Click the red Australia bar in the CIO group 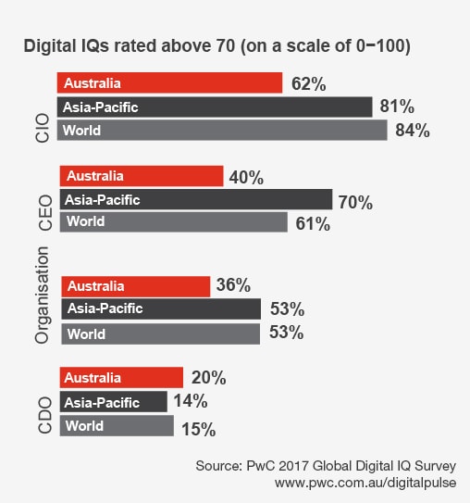169,83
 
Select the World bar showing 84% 222,131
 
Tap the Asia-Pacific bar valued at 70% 195,199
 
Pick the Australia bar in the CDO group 121,378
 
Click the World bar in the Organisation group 160,333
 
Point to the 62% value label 308,84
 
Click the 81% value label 398,107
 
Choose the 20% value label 208,379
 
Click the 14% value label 190,402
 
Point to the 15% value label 196,429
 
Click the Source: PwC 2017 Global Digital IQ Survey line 327,463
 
